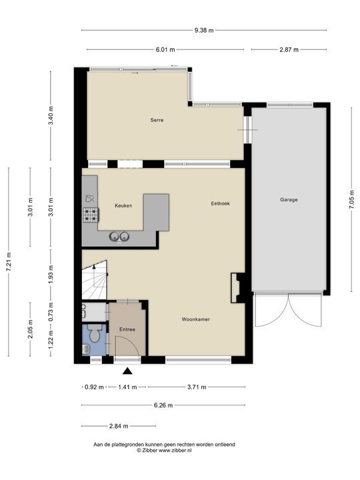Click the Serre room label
(x=157, y=120)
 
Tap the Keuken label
(x=123, y=205)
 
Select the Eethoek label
(x=221, y=203)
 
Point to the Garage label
(x=289, y=199)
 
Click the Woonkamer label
(x=195, y=319)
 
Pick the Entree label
(x=127, y=329)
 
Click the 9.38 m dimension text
(x=204, y=30)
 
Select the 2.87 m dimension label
(x=289, y=49)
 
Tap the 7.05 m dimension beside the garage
(x=352, y=199)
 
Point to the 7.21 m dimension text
(x=9, y=262)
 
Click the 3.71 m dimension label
(x=197, y=387)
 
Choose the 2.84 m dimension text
(x=119, y=426)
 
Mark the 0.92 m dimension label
(x=94, y=387)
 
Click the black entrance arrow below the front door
(x=127, y=371)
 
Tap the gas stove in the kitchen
(x=91, y=215)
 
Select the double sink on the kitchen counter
(x=119, y=237)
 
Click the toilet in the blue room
(x=94, y=334)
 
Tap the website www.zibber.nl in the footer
(x=175, y=451)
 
